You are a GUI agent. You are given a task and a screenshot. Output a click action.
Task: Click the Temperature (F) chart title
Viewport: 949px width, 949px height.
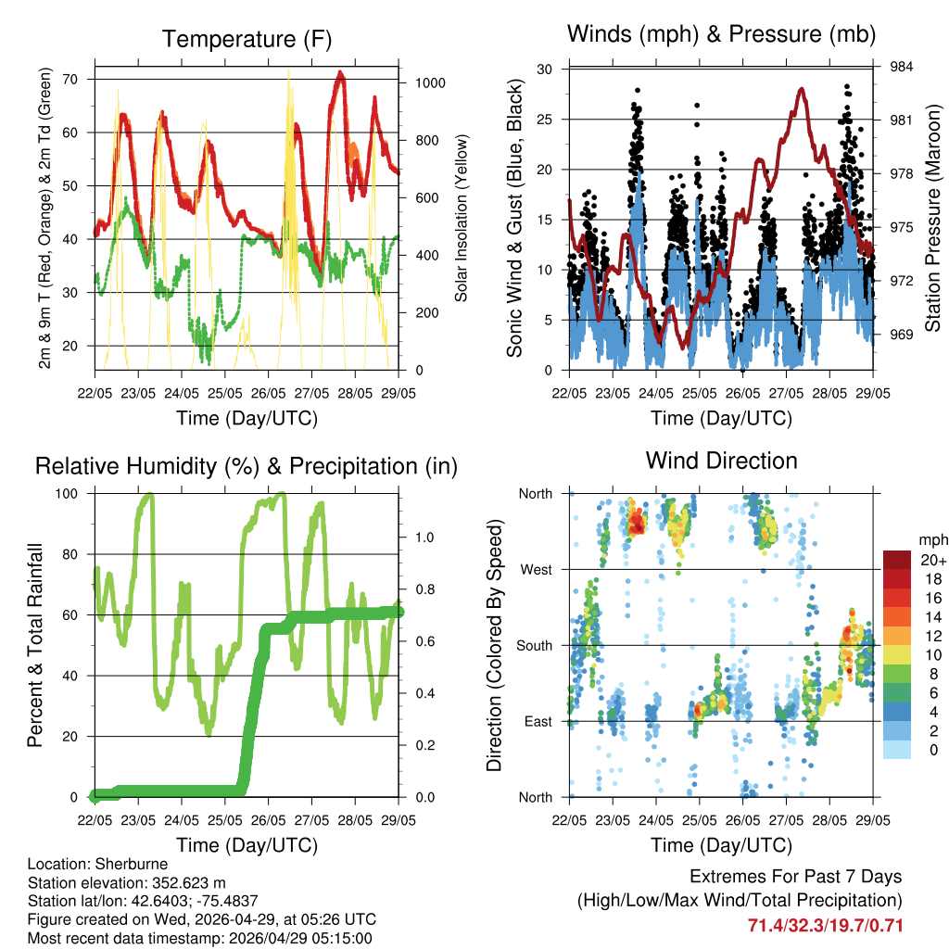pyautogui.click(x=247, y=39)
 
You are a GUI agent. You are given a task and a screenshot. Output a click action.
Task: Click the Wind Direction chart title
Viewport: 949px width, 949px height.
pyautogui.click(x=721, y=460)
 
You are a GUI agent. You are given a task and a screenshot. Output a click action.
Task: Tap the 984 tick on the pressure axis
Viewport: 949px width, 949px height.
pyautogui.click(x=903, y=67)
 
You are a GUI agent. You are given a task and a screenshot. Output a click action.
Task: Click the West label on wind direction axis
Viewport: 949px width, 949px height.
pyautogui.click(x=535, y=569)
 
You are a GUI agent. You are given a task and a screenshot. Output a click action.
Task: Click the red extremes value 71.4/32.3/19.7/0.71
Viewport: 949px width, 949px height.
pyautogui.click(x=825, y=925)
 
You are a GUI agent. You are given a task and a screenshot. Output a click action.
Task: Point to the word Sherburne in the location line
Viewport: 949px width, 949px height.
pyautogui.click(x=129, y=865)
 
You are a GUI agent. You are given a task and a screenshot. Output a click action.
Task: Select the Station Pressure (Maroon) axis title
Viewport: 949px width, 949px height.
pyautogui.click(x=934, y=218)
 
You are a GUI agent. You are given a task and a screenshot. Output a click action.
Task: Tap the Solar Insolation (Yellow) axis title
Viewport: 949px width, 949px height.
pyautogui.click(x=461, y=218)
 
